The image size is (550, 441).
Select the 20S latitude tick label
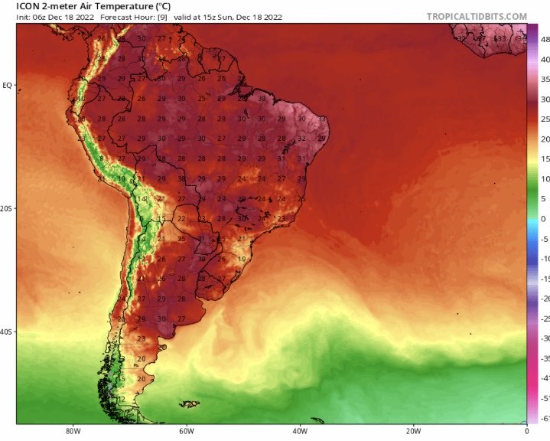tap(7, 208)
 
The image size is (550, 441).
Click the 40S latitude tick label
tap(7, 332)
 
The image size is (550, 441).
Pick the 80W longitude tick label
tap(73, 430)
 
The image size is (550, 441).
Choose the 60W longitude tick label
tap(186, 430)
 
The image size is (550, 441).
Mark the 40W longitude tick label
tap(299, 430)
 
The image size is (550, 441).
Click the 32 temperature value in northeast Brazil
tap(302, 139)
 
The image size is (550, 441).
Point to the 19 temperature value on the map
tap(242, 259)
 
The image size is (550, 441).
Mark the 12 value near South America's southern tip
tap(122, 399)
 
